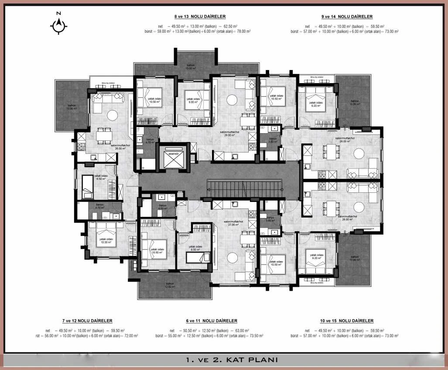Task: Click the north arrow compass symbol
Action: [58, 26]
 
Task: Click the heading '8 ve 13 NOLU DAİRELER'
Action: [199, 17]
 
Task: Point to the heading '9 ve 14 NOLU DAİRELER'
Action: [347, 17]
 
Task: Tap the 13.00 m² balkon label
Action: [190, 67]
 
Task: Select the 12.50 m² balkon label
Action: [169, 285]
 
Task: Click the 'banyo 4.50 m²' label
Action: [162, 207]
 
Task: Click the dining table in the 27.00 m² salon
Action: [248, 238]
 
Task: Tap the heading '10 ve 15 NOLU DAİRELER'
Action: [347, 321]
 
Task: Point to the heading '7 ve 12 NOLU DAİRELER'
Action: [87, 321]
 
